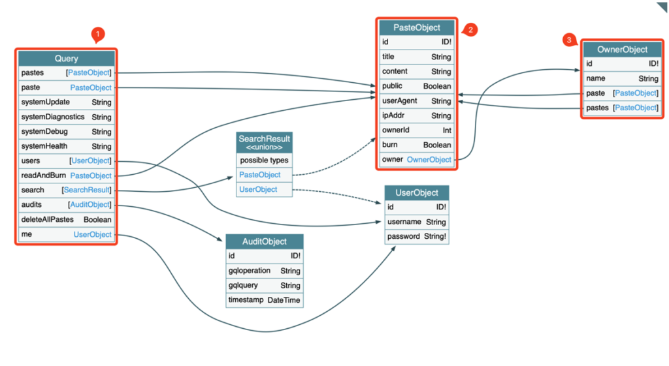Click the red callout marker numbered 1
pyautogui.click(x=98, y=35)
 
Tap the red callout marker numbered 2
pyautogui.click(x=470, y=29)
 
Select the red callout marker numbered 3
pyautogui.click(x=569, y=40)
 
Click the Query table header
pyautogui.click(x=66, y=58)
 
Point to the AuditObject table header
pyautogui.click(x=265, y=241)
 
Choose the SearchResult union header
pyautogui.click(x=265, y=142)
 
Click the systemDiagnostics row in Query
pyautogui.click(x=66, y=117)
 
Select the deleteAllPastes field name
pyautogui.click(x=47, y=219)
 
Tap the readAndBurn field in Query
pyautogui.click(x=44, y=175)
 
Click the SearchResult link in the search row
pyautogui.click(x=87, y=190)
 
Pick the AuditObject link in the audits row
pyautogui.click(x=90, y=204)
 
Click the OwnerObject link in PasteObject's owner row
pyautogui.click(x=429, y=159)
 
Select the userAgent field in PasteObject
pyautogui.click(x=400, y=100)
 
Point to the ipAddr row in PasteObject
pyautogui.click(x=416, y=115)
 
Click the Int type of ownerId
pyautogui.click(x=447, y=130)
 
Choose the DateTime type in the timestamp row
pyautogui.click(x=284, y=300)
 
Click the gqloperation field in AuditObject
pyautogui.click(x=250, y=271)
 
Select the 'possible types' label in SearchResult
pyautogui.click(x=264, y=160)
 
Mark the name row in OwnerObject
pyautogui.click(x=622, y=78)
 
